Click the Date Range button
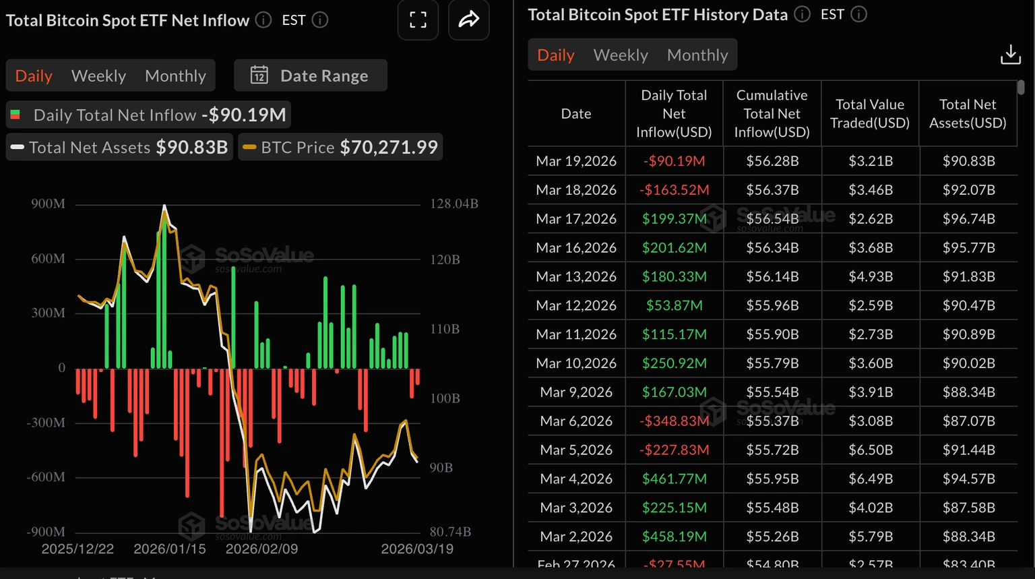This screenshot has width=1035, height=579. [310, 75]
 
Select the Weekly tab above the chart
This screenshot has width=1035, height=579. [98, 75]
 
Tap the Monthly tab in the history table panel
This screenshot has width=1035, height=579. [697, 55]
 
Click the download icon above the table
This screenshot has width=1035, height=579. [1010, 55]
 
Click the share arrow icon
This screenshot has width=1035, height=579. [468, 20]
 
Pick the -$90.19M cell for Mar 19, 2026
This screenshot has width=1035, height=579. [674, 161]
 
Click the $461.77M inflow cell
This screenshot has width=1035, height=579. [674, 479]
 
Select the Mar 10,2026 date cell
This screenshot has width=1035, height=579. [576, 363]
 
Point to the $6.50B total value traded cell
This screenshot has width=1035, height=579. [870, 450]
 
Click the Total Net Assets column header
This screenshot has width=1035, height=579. [968, 113]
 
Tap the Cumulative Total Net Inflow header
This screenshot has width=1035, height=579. [772, 113]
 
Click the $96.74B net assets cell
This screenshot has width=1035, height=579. [968, 219]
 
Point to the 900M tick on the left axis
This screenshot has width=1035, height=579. [48, 204]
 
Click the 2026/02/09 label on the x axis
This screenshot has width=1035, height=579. [261, 549]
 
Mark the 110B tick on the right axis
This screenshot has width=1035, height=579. [445, 329]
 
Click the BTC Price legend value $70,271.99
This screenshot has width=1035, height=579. [389, 147]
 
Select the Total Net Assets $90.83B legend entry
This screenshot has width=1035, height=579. [120, 147]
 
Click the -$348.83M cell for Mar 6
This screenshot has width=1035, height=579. [674, 421]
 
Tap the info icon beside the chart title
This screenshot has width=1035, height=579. [263, 20]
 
